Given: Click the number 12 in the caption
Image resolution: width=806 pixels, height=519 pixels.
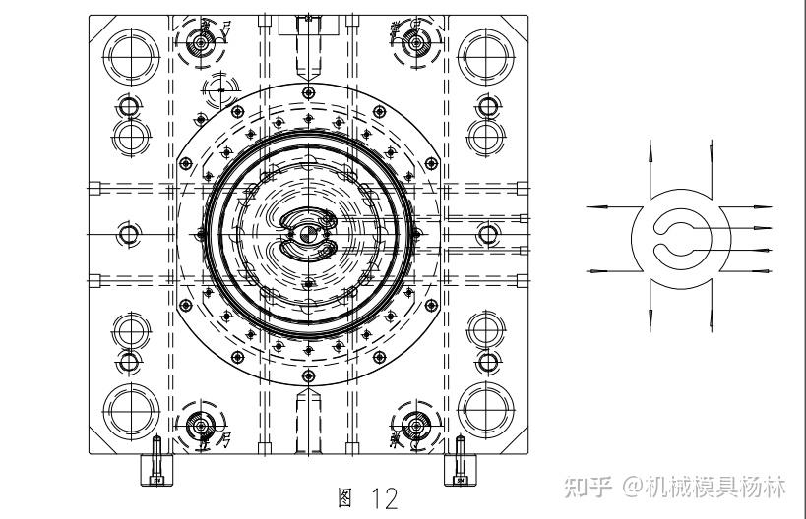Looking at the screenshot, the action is coord(386,499).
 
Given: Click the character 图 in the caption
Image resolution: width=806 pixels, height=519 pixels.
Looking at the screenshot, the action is coord(344,498).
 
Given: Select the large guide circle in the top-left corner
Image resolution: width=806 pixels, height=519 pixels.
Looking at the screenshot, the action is coord(129,54).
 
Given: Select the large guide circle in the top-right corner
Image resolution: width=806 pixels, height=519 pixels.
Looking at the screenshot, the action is coord(485,54).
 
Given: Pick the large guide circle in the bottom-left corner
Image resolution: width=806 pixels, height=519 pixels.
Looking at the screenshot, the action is coord(129,411).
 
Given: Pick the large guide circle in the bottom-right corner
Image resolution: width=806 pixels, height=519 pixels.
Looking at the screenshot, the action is coord(485,411).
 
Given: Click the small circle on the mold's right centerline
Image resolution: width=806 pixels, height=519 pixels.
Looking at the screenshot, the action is coord(487,234).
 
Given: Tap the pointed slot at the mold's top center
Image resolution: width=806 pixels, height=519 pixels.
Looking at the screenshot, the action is coord(308,54).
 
